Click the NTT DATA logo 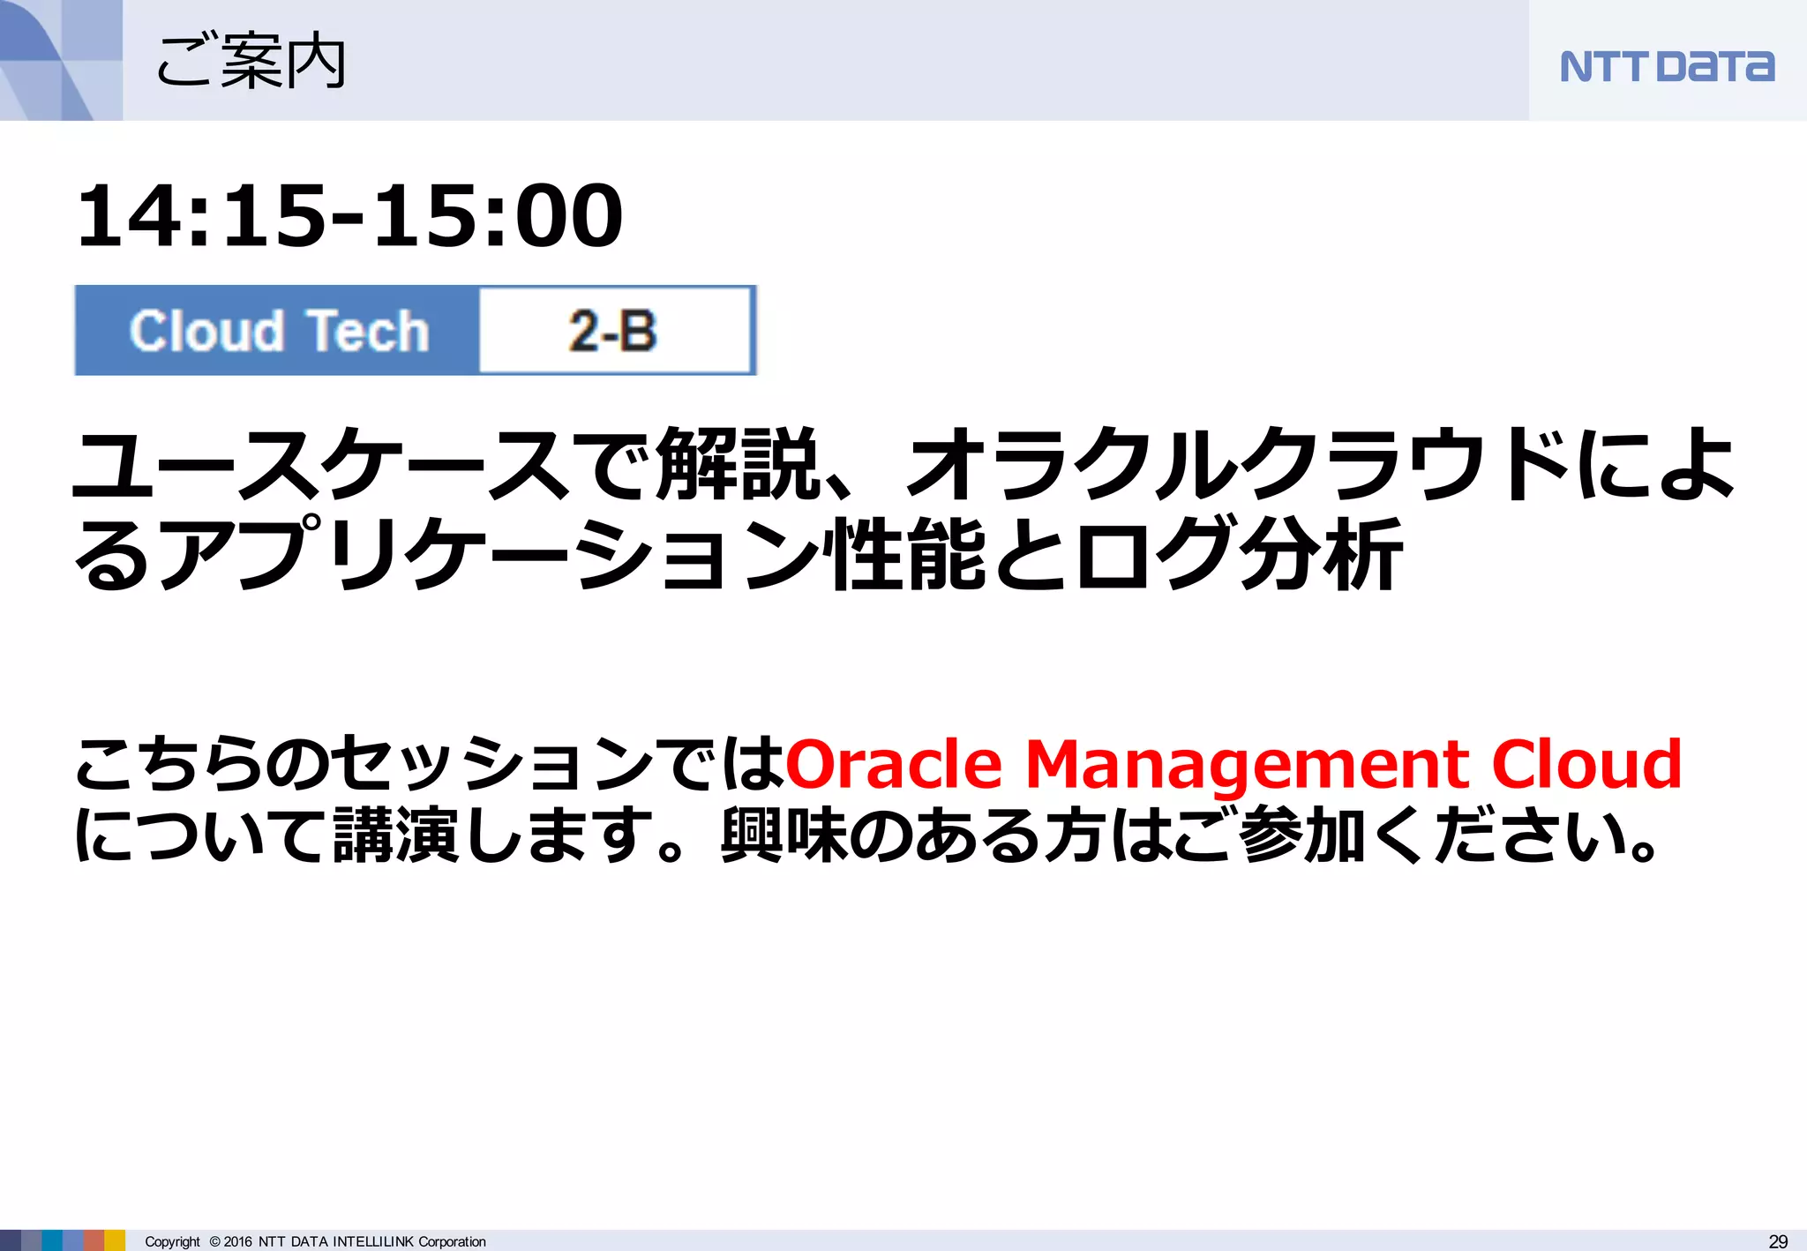click(x=1666, y=67)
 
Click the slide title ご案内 click(x=251, y=62)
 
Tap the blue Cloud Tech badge click(x=278, y=331)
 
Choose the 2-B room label click(x=613, y=331)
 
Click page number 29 click(x=1778, y=1241)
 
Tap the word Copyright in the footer click(x=172, y=1241)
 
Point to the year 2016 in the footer click(x=237, y=1241)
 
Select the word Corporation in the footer click(x=452, y=1241)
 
